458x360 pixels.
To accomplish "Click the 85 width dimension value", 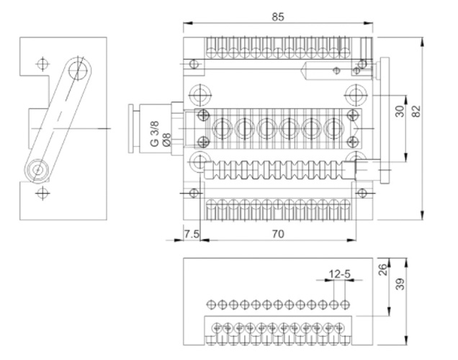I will click(278, 15).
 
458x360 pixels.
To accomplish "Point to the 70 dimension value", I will click(278, 233).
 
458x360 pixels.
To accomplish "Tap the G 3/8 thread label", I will click(154, 132).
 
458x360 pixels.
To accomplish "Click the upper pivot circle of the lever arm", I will click(78, 71).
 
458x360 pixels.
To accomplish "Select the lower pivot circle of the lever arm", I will click(37, 170).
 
